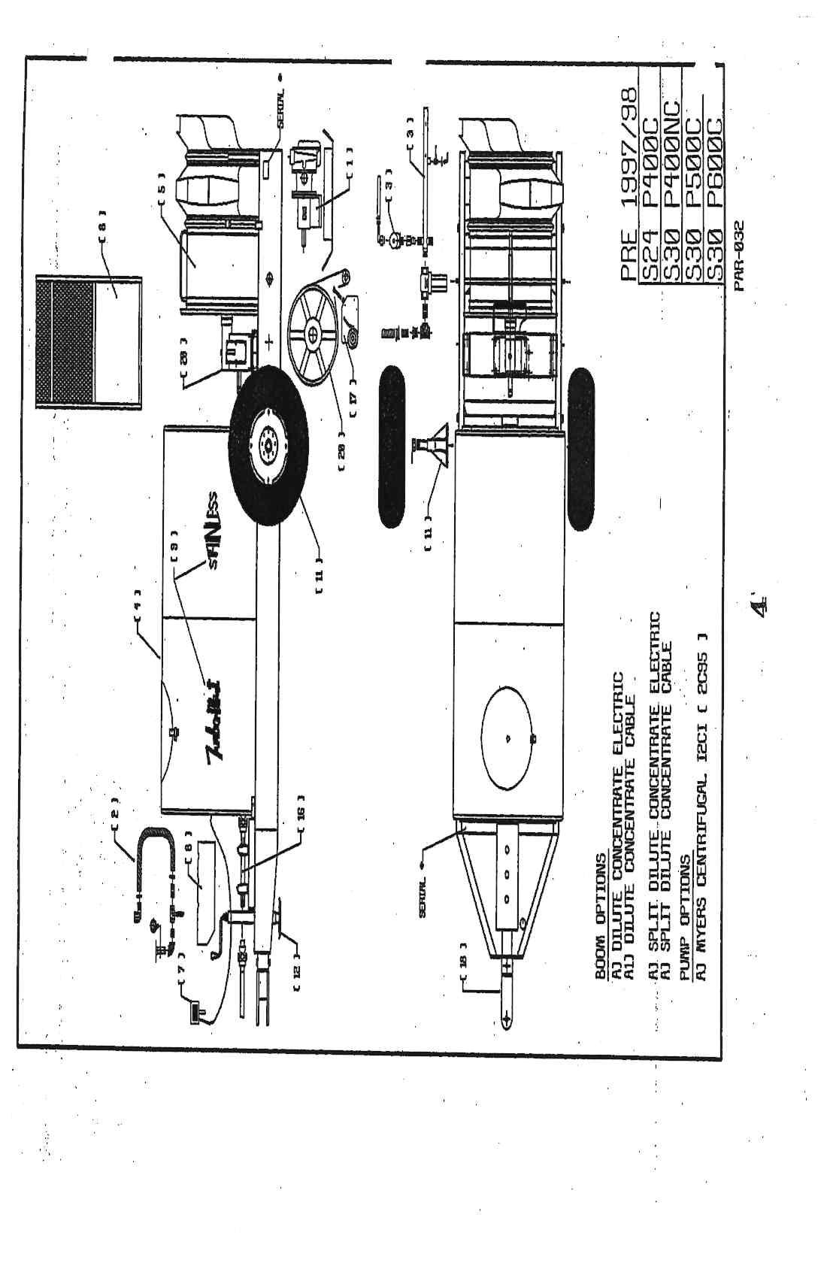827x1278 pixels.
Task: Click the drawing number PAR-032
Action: pyautogui.click(x=738, y=260)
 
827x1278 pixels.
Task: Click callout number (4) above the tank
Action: pyautogui.click(x=138, y=607)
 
